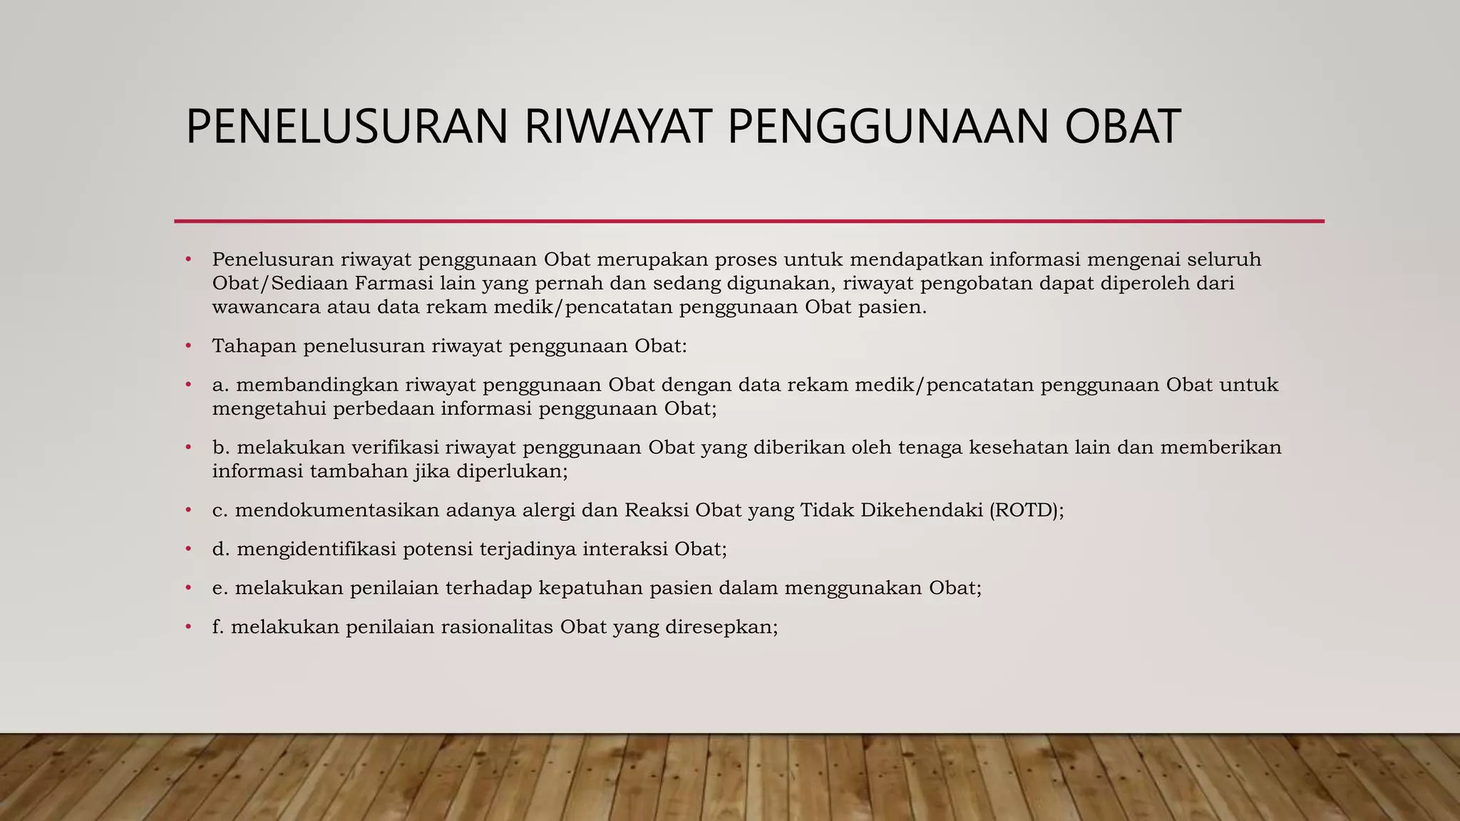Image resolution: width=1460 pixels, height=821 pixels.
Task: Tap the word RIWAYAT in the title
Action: [x=618, y=127]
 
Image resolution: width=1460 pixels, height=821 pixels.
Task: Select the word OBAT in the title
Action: [x=1123, y=127]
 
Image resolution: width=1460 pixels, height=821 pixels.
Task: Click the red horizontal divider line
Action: [x=749, y=221]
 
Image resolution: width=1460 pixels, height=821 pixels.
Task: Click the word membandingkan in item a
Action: [x=317, y=385]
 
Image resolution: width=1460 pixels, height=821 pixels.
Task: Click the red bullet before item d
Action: [x=188, y=549]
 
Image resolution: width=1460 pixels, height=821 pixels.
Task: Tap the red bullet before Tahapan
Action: [x=188, y=346]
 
